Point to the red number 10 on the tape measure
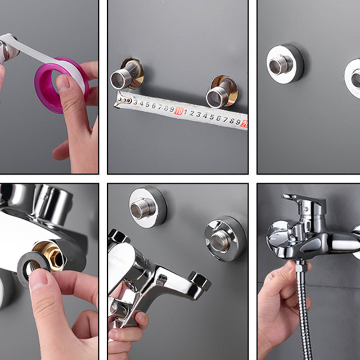point(179,111)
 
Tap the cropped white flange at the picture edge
point(354,77)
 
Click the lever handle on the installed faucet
point(304,200)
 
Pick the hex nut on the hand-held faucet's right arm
point(200,281)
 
